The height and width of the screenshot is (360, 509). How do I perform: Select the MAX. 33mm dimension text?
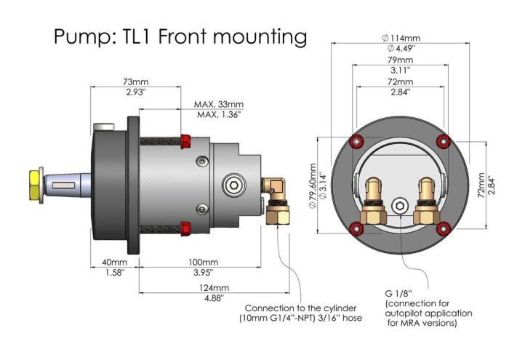coord(220,104)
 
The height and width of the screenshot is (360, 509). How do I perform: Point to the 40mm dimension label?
coord(114,262)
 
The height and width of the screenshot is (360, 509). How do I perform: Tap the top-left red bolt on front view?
coord(356,140)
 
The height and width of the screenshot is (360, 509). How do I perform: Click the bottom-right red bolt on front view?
coord(441,230)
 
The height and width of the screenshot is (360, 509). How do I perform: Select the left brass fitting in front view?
coord(376,202)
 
